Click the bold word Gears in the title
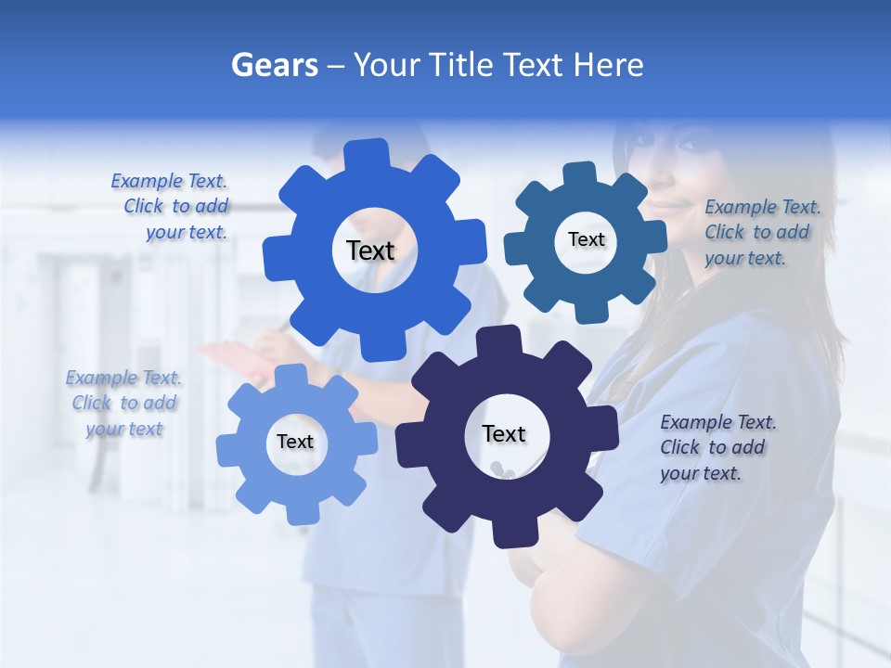point(274,65)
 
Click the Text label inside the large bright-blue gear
point(370,250)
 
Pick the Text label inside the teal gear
point(586,239)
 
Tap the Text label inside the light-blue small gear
point(295,442)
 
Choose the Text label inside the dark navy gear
point(504,433)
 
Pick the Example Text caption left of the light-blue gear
point(123,403)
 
